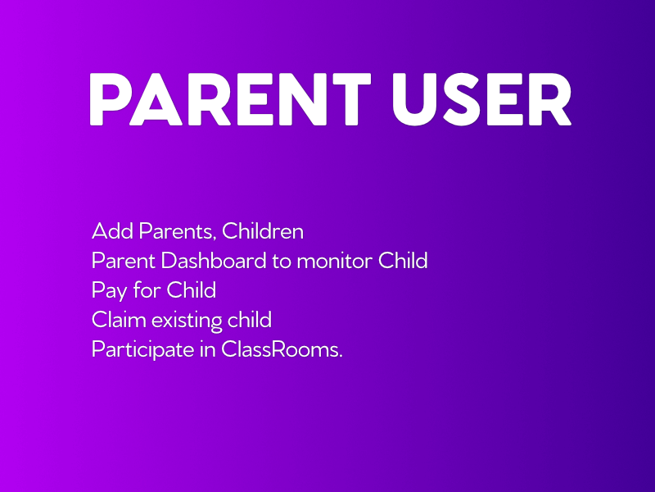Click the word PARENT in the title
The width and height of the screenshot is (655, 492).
pyautogui.click(x=230, y=99)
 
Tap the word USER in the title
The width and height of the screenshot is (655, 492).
pyautogui.click(x=481, y=99)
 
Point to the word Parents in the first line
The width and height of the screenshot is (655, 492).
pyautogui.click(x=178, y=232)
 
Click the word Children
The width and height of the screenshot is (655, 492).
pyautogui.click(x=263, y=231)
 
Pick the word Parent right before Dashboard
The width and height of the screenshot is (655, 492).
pyautogui.click(x=124, y=261)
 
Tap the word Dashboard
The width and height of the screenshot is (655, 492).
pyautogui.click(x=214, y=260)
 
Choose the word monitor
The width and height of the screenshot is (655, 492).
pyautogui.click(x=334, y=262)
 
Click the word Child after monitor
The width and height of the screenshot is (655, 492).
pyautogui.click(x=403, y=260)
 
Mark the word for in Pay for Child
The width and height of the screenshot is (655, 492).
pyautogui.click(x=147, y=290)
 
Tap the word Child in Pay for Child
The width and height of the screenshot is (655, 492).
pyautogui.click(x=192, y=290)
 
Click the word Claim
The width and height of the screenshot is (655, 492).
pyautogui.click(x=118, y=320)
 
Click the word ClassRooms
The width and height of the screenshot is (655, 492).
pyautogui.click(x=282, y=349)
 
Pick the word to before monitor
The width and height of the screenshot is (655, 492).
pyautogui.click(x=282, y=262)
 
